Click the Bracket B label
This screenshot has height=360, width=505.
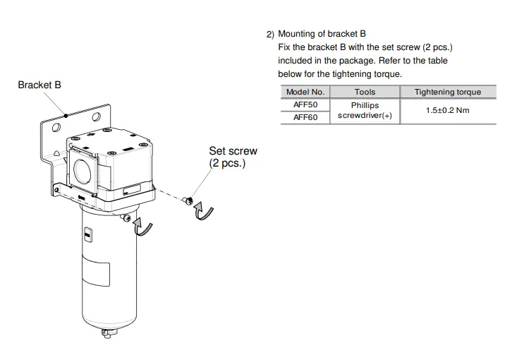[x=39, y=85]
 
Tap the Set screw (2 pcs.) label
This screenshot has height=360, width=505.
[x=233, y=157]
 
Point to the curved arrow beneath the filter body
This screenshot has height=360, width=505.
[x=143, y=227]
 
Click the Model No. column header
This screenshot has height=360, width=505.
[x=305, y=92]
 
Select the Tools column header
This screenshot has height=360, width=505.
[x=365, y=92]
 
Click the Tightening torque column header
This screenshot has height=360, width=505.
[x=447, y=92]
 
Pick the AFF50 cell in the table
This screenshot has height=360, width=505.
[x=305, y=104]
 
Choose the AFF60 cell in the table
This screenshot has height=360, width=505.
[x=305, y=117]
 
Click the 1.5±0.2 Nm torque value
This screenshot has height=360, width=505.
[x=447, y=111]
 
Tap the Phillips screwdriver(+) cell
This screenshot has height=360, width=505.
[x=365, y=111]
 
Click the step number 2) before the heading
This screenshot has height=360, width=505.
[x=269, y=34]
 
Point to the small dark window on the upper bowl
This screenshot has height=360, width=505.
[x=87, y=234]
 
